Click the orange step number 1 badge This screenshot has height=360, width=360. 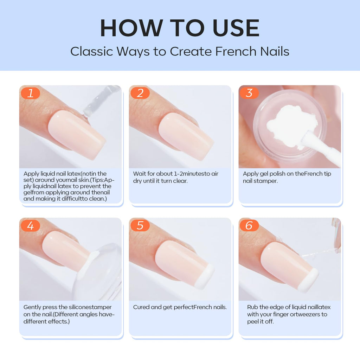(x=30, y=93)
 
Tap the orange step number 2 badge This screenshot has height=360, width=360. (x=140, y=93)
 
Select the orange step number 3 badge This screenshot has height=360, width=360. (x=249, y=93)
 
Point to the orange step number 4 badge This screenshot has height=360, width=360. (x=30, y=225)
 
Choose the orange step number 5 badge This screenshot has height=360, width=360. (x=140, y=225)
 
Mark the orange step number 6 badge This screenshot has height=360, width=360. (x=249, y=225)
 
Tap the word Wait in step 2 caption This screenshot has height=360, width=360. (x=139, y=174)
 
